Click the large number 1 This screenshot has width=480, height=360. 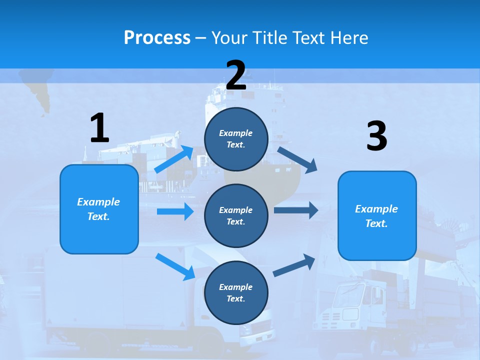pyautogui.click(x=99, y=128)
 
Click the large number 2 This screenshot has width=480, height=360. pyautogui.click(x=236, y=75)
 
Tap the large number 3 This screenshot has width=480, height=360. pyautogui.click(x=376, y=136)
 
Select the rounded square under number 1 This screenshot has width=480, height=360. pyautogui.click(x=99, y=209)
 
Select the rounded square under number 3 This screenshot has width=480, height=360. pyautogui.click(x=377, y=215)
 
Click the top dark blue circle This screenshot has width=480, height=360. pyautogui.click(x=236, y=139)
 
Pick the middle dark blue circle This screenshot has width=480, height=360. pyautogui.click(x=236, y=215)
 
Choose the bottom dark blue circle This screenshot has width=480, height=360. pyautogui.click(x=236, y=292)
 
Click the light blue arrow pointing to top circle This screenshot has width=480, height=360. pyautogui.click(x=174, y=159)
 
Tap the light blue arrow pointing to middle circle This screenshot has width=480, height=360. pyautogui.click(x=175, y=211)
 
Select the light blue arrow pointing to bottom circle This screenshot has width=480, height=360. pyautogui.click(x=175, y=266)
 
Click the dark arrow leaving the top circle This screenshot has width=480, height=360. pyautogui.click(x=297, y=159)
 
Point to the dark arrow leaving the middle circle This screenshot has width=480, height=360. pyautogui.click(x=295, y=210)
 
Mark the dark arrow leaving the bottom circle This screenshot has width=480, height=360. pyautogui.click(x=294, y=265)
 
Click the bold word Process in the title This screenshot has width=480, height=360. pyautogui.click(x=157, y=37)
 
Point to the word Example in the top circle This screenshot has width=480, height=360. pyautogui.click(x=236, y=133)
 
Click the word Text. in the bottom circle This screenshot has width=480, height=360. pyautogui.click(x=236, y=298)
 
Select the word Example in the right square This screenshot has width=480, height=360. pyautogui.click(x=376, y=209)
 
